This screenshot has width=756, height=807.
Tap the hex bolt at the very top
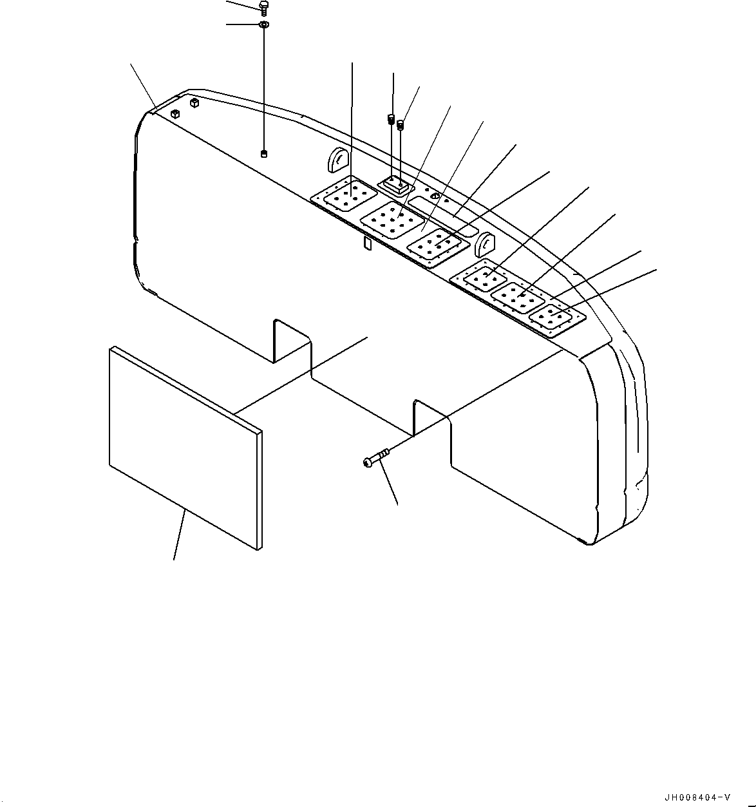pos(263,6)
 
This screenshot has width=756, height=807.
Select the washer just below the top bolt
pos(263,25)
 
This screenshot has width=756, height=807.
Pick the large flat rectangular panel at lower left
pos(185,448)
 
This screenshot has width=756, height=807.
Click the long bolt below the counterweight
pos(377,458)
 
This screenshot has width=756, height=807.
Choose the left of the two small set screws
pos(390,119)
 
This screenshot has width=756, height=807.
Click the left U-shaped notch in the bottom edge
pos(292,341)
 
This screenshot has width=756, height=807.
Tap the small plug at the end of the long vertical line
pos(264,153)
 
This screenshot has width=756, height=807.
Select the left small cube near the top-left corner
pos(175,114)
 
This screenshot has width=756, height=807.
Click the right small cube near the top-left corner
pos(193,102)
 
